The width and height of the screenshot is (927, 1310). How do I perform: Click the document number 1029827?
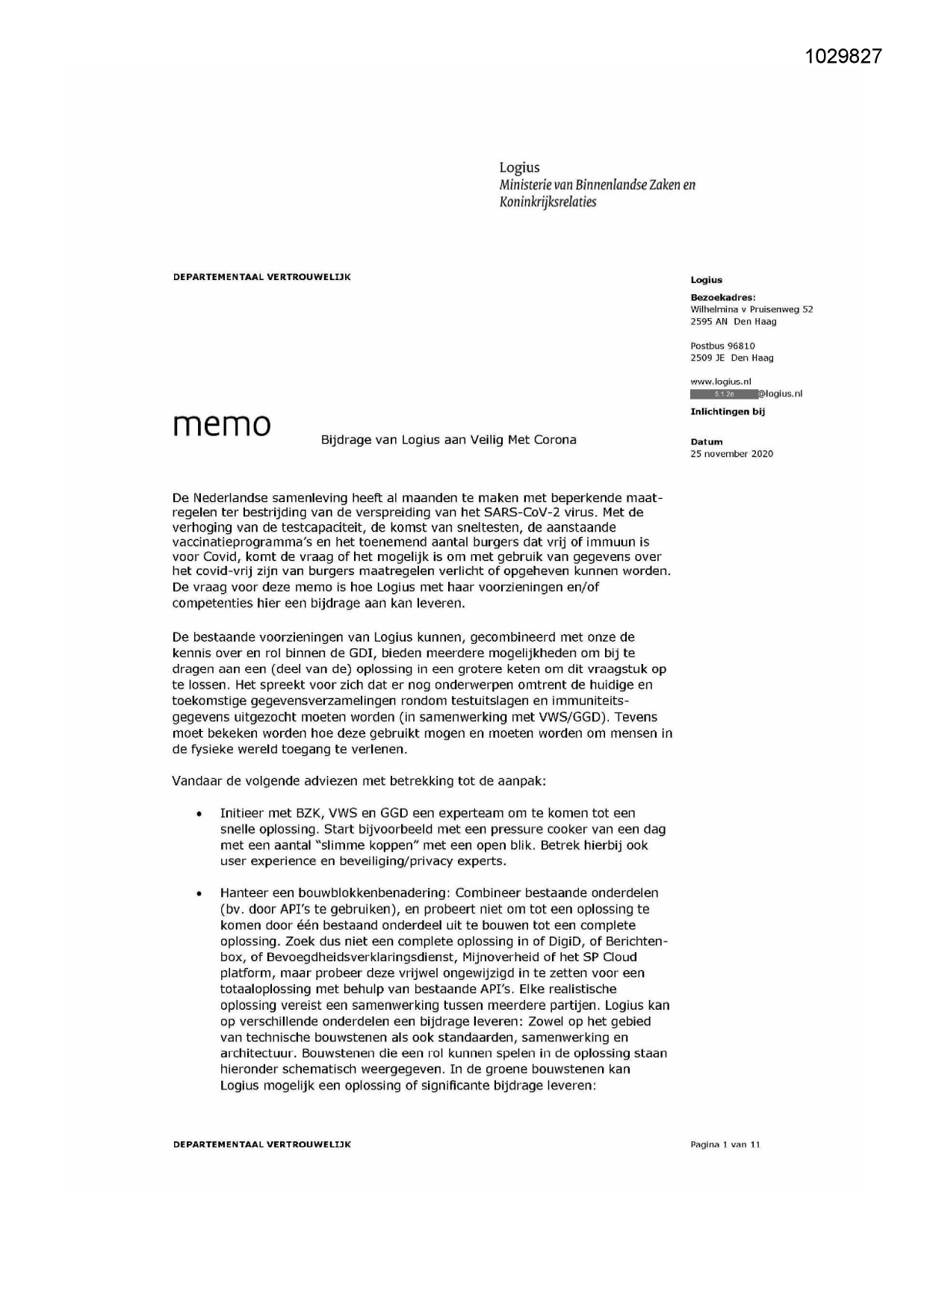click(x=844, y=56)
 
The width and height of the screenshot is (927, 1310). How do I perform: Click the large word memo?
click(x=222, y=424)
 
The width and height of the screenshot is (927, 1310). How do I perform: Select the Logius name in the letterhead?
click(x=519, y=167)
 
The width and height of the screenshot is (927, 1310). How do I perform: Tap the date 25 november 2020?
click(x=731, y=453)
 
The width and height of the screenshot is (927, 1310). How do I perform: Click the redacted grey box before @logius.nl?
click(x=723, y=394)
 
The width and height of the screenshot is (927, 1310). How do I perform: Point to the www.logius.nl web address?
click(x=720, y=382)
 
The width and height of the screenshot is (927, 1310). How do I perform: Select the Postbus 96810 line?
click(x=722, y=346)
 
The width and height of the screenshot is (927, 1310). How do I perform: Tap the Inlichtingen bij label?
click(x=727, y=412)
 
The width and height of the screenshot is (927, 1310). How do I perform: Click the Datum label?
click(x=706, y=441)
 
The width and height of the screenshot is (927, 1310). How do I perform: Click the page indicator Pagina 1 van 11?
click(x=725, y=1144)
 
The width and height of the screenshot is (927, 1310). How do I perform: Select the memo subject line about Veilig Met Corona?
click(x=448, y=440)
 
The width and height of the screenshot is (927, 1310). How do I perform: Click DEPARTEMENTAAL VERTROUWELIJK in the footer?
click(x=261, y=1144)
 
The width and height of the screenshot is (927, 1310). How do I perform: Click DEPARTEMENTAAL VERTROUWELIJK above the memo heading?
click(x=261, y=277)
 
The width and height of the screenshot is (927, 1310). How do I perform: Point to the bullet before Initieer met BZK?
click(x=199, y=814)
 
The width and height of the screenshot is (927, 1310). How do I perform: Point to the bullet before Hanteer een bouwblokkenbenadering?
click(x=199, y=893)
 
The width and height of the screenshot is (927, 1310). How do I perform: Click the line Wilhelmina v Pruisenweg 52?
click(x=751, y=309)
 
